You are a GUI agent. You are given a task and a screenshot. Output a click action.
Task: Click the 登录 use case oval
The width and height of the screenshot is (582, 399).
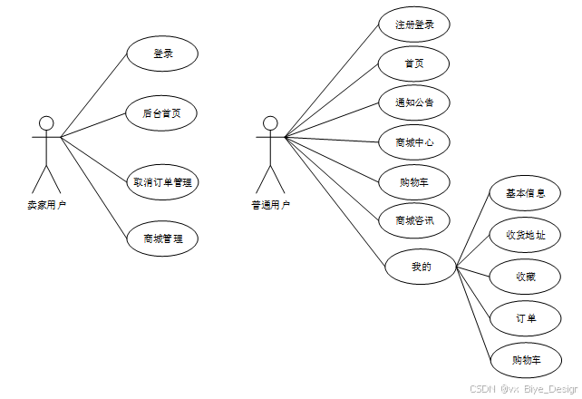(x=163, y=54)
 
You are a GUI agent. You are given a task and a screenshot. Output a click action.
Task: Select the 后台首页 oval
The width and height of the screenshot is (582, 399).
(x=163, y=113)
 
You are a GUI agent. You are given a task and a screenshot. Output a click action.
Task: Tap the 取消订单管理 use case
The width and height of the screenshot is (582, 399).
(x=163, y=181)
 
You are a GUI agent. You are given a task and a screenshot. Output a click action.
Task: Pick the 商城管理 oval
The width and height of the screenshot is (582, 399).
(x=163, y=239)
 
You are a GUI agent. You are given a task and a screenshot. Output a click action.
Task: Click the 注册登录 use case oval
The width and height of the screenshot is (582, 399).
(x=414, y=24)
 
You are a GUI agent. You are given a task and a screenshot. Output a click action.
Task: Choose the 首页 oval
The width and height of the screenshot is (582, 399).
(x=414, y=63)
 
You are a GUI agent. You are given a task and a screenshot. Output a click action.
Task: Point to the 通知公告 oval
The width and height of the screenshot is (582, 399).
(x=414, y=102)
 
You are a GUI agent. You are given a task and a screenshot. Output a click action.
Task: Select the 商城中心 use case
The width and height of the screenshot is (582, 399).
(x=414, y=141)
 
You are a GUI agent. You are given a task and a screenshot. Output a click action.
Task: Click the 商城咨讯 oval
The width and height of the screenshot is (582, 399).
(x=414, y=220)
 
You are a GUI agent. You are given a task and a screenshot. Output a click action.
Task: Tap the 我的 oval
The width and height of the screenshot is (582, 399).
(x=422, y=267)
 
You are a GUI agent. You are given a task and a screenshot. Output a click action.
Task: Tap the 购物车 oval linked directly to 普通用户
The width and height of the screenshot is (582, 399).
(x=414, y=181)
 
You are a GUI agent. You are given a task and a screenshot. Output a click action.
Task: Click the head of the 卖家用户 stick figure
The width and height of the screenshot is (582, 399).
(x=47, y=123)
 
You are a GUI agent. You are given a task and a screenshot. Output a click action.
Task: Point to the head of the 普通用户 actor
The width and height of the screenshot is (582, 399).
(x=270, y=123)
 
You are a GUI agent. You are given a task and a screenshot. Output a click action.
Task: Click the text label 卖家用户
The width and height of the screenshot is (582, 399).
(x=47, y=205)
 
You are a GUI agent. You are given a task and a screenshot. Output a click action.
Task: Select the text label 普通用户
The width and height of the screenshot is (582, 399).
(x=270, y=205)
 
